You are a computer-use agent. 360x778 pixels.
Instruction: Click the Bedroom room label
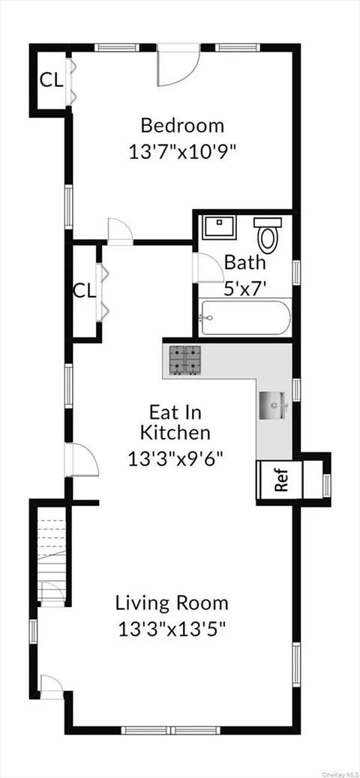182,125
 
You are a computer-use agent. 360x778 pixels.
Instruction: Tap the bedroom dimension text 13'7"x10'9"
182,151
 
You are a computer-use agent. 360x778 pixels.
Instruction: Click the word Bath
244,263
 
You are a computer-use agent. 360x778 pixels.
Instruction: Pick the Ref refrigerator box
280,480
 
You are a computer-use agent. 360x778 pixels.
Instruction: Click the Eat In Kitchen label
175,422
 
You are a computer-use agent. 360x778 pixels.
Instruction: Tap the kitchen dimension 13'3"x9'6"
175,458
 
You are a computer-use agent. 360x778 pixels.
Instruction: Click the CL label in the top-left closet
50,79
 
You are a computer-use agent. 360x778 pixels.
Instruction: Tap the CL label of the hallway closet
84,290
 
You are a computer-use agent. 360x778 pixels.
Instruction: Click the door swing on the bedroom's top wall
177,66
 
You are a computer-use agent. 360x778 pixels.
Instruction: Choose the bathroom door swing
202,267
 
